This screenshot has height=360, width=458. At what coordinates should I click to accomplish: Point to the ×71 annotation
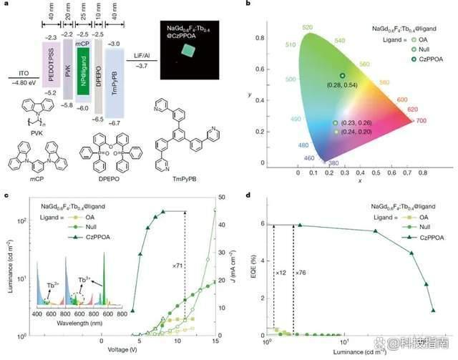coord(175,266)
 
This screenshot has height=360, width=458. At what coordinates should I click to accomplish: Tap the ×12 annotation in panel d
coord(281,273)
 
